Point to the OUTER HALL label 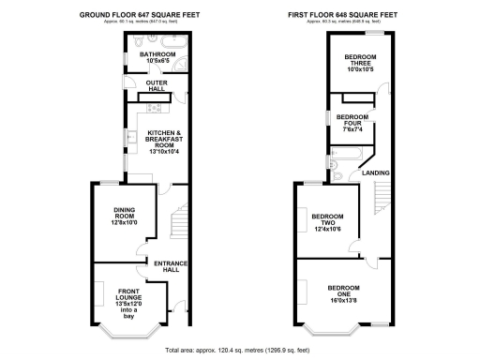pyautogui.click(x=156, y=87)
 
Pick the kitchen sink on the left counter pyautogui.click(x=132, y=142)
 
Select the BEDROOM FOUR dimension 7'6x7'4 pyautogui.click(x=348, y=128)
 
